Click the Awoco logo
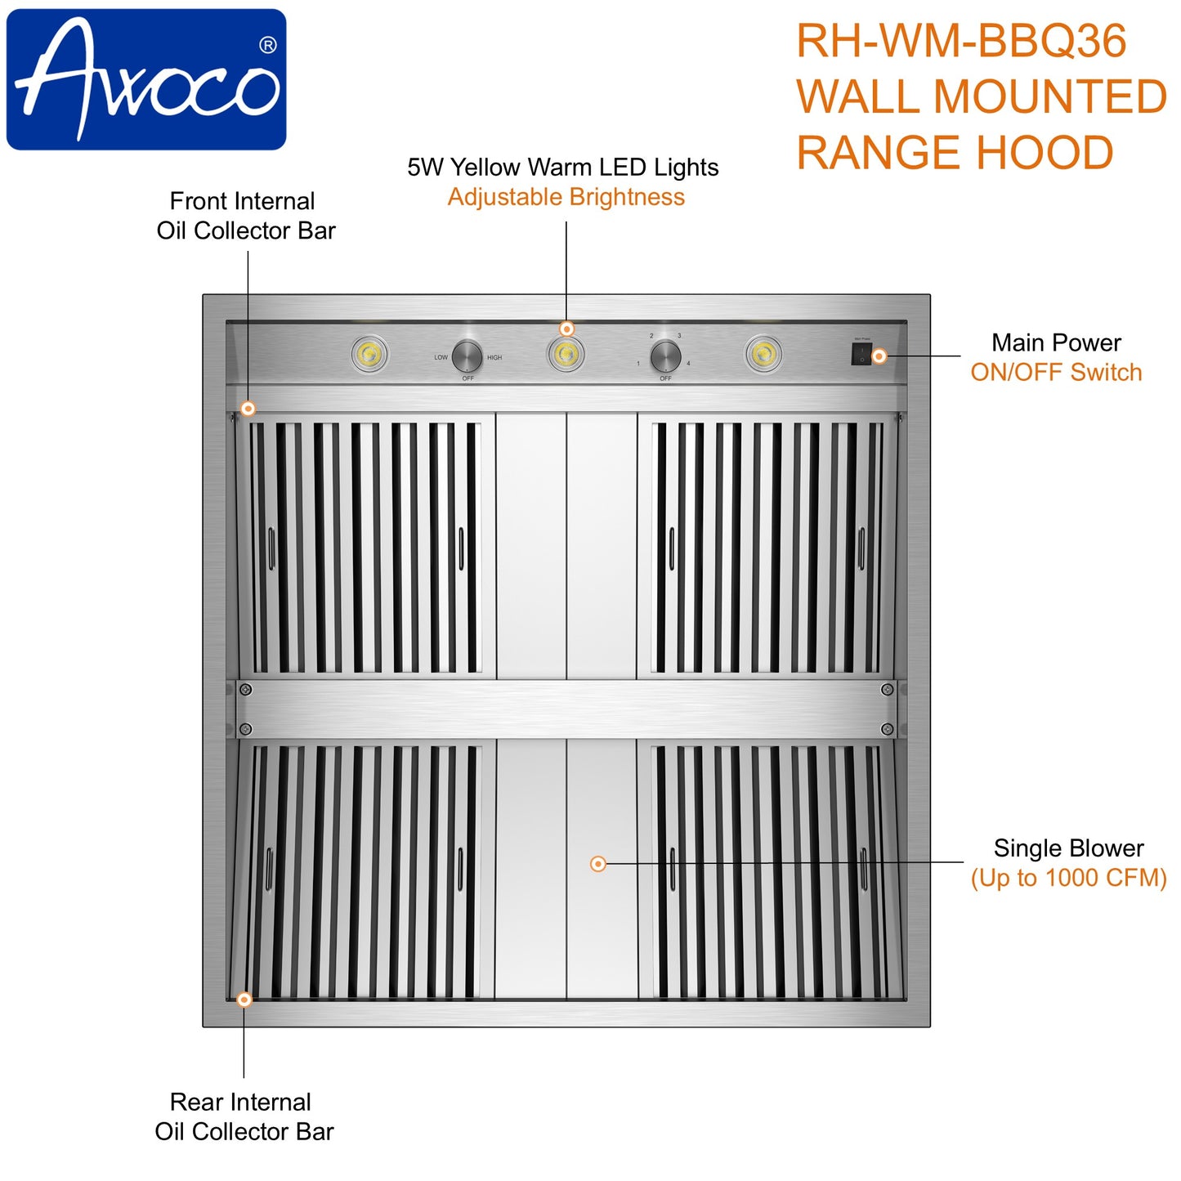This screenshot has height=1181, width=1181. tap(146, 79)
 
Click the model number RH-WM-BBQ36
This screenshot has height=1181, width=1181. tap(961, 41)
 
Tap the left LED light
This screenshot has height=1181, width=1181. tap(369, 355)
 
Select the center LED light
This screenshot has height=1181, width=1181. tap(566, 355)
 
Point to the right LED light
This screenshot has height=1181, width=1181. tap(763, 355)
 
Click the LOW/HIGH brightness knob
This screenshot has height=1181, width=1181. tap(467, 356)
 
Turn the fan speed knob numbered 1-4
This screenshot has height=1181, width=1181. tap(665, 356)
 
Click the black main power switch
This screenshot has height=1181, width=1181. tap(861, 354)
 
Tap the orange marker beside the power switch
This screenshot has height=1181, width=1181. tap(879, 356)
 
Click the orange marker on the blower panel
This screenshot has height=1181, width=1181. tap(598, 864)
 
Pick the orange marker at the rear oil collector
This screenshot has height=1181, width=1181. tap(244, 1000)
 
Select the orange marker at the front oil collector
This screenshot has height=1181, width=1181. tap(248, 409)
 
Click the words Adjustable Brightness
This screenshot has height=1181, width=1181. tap(566, 197)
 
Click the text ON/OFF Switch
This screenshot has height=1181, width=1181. tap(1056, 373)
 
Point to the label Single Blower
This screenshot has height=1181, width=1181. tap(1068, 848)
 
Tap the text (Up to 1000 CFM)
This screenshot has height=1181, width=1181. tap(1068, 878)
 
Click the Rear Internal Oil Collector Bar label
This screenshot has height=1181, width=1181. tap(244, 1116)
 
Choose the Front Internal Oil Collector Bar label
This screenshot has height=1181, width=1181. tap(245, 216)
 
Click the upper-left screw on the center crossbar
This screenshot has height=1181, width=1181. tap(245, 690)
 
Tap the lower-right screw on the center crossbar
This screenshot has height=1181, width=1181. tap(888, 729)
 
